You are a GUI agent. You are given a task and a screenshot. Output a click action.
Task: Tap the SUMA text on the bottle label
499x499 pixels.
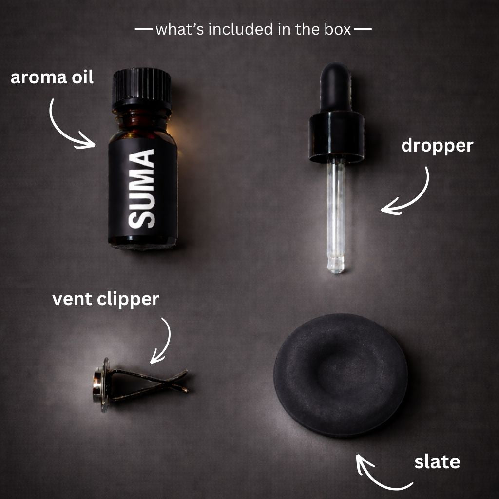[142, 189]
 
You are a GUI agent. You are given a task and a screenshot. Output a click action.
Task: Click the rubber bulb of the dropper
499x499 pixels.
[336, 87]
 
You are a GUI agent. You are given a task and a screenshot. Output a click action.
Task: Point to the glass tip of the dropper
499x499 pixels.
[336, 265]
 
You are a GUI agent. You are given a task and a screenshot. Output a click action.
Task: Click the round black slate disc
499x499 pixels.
[341, 375]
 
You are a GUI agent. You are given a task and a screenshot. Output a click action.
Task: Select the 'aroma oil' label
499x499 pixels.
[52, 77]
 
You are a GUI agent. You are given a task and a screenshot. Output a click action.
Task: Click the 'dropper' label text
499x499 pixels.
[437, 146]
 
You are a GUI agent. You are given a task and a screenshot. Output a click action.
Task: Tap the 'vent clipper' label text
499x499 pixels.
[106, 300]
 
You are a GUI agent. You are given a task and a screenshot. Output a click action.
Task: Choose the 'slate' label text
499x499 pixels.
[437, 462]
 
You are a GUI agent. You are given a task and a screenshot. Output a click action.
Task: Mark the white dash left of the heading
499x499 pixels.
[144, 29]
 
